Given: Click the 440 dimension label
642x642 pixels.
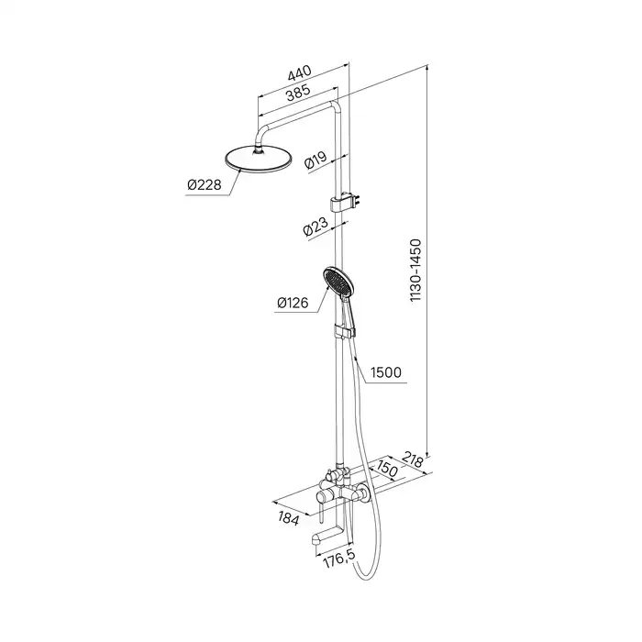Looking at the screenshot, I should (x=299, y=72).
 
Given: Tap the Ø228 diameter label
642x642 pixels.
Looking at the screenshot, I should (x=203, y=185).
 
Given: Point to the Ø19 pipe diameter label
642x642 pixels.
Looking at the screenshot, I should (x=315, y=162).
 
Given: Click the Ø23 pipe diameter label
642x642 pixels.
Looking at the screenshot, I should (x=315, y=227).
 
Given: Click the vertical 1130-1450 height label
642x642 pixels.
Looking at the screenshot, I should (x=415, y=271).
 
